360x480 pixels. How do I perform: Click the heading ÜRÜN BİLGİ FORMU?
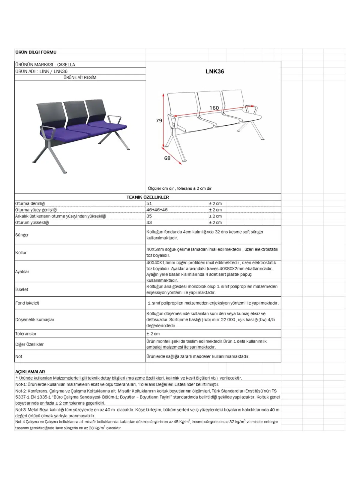click(x=36, y=52)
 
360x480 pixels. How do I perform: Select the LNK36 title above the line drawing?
click(x=214, y=72)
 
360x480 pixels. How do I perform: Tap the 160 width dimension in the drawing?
click(x=214, y=108)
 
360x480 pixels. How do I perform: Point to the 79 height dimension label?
click(x=159, y=121)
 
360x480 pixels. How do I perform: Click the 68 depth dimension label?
click(x=167, y=158)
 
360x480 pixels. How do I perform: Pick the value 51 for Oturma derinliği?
click(x=149, y=203)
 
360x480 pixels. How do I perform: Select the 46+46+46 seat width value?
click(x=157, y=210)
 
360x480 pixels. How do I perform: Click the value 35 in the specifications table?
click(x=149, y=216)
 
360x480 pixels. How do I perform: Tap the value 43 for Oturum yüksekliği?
click(x=149, y=223)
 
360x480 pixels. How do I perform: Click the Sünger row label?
click(x=22, y=235)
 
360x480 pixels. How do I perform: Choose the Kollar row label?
click(x=21, y=253)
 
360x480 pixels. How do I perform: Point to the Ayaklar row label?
click(x=22, y=271)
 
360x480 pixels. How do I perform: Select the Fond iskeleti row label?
click(x=27, y=303)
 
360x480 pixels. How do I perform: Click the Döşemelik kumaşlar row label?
click(x=35, y=319)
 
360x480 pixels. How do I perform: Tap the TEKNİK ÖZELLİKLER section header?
click(x=148, y=197)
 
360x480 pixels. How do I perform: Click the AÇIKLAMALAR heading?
click(x=30, y=372)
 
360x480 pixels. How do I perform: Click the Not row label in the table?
click(x=19, y=356)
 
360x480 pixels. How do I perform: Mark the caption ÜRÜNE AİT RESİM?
click(x=80, y=77)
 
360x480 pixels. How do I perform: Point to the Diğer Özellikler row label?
click(x=29, y=344)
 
